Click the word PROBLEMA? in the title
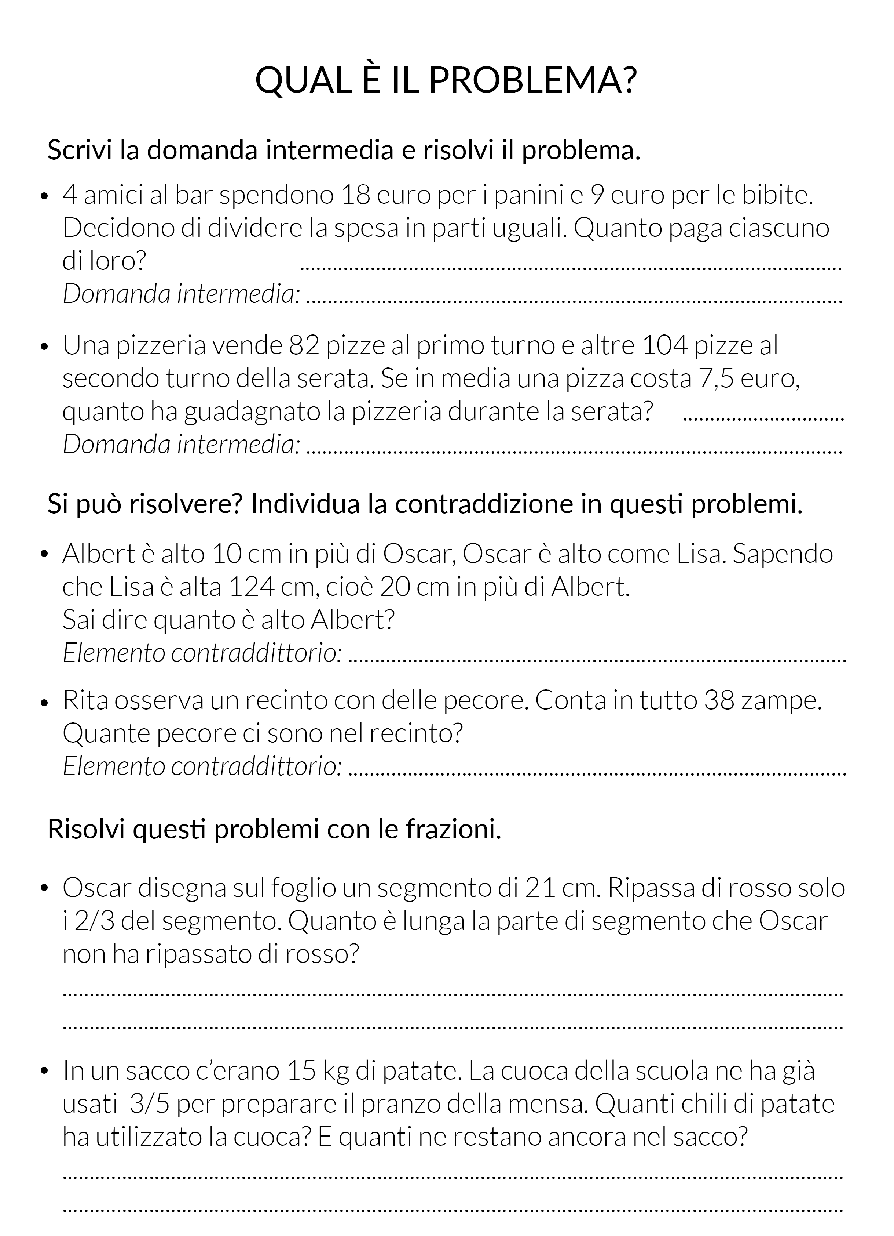tap(532, 80)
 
